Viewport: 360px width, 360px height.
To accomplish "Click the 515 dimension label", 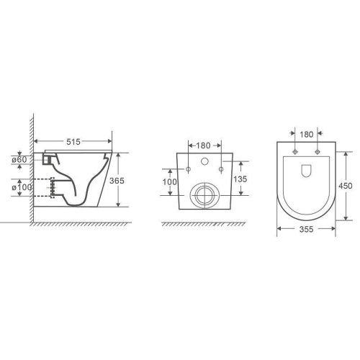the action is [x=73, y=142].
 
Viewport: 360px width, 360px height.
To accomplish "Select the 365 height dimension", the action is [x=117, y=181].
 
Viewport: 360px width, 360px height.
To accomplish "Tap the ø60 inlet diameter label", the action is [x=19, y=159].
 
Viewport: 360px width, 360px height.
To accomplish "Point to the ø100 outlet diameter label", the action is [x=22, y=187].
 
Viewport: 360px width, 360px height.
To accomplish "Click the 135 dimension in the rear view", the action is [x=240, y=179].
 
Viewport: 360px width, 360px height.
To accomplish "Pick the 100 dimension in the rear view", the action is [x=170, y=182].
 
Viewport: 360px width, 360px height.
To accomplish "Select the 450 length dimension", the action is [x=346, y=186].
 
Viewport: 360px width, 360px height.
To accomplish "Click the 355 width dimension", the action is [x=307, y=230].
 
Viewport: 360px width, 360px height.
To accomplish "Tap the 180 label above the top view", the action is [x=307, y=135].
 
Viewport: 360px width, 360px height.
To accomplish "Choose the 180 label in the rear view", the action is [x=203, y=145].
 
